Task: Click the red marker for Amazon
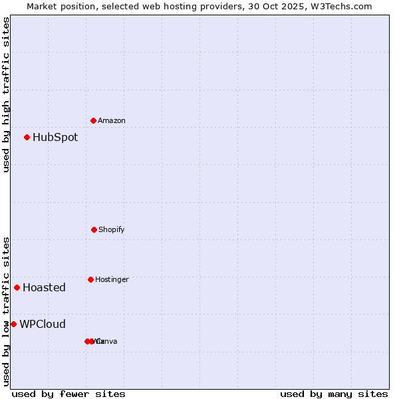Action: coord(94,120)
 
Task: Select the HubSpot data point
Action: coord(27,138)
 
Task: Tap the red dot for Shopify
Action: coord(94,229)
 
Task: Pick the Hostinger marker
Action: coord(90,279)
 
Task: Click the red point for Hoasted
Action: coord(17,287)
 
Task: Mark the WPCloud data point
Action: coord(13,324)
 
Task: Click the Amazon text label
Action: coord(112,121)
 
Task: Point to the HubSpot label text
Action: coord(55,138)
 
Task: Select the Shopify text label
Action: coord(112,230)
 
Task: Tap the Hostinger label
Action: coord(112,280)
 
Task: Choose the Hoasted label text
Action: coord(44,288)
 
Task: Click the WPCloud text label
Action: coord(43,325)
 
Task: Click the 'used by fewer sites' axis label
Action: coord(68,394)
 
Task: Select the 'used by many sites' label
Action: coord(334,394)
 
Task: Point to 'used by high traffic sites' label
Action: coord(6,94)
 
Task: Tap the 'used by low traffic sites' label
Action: coord(6,311)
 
